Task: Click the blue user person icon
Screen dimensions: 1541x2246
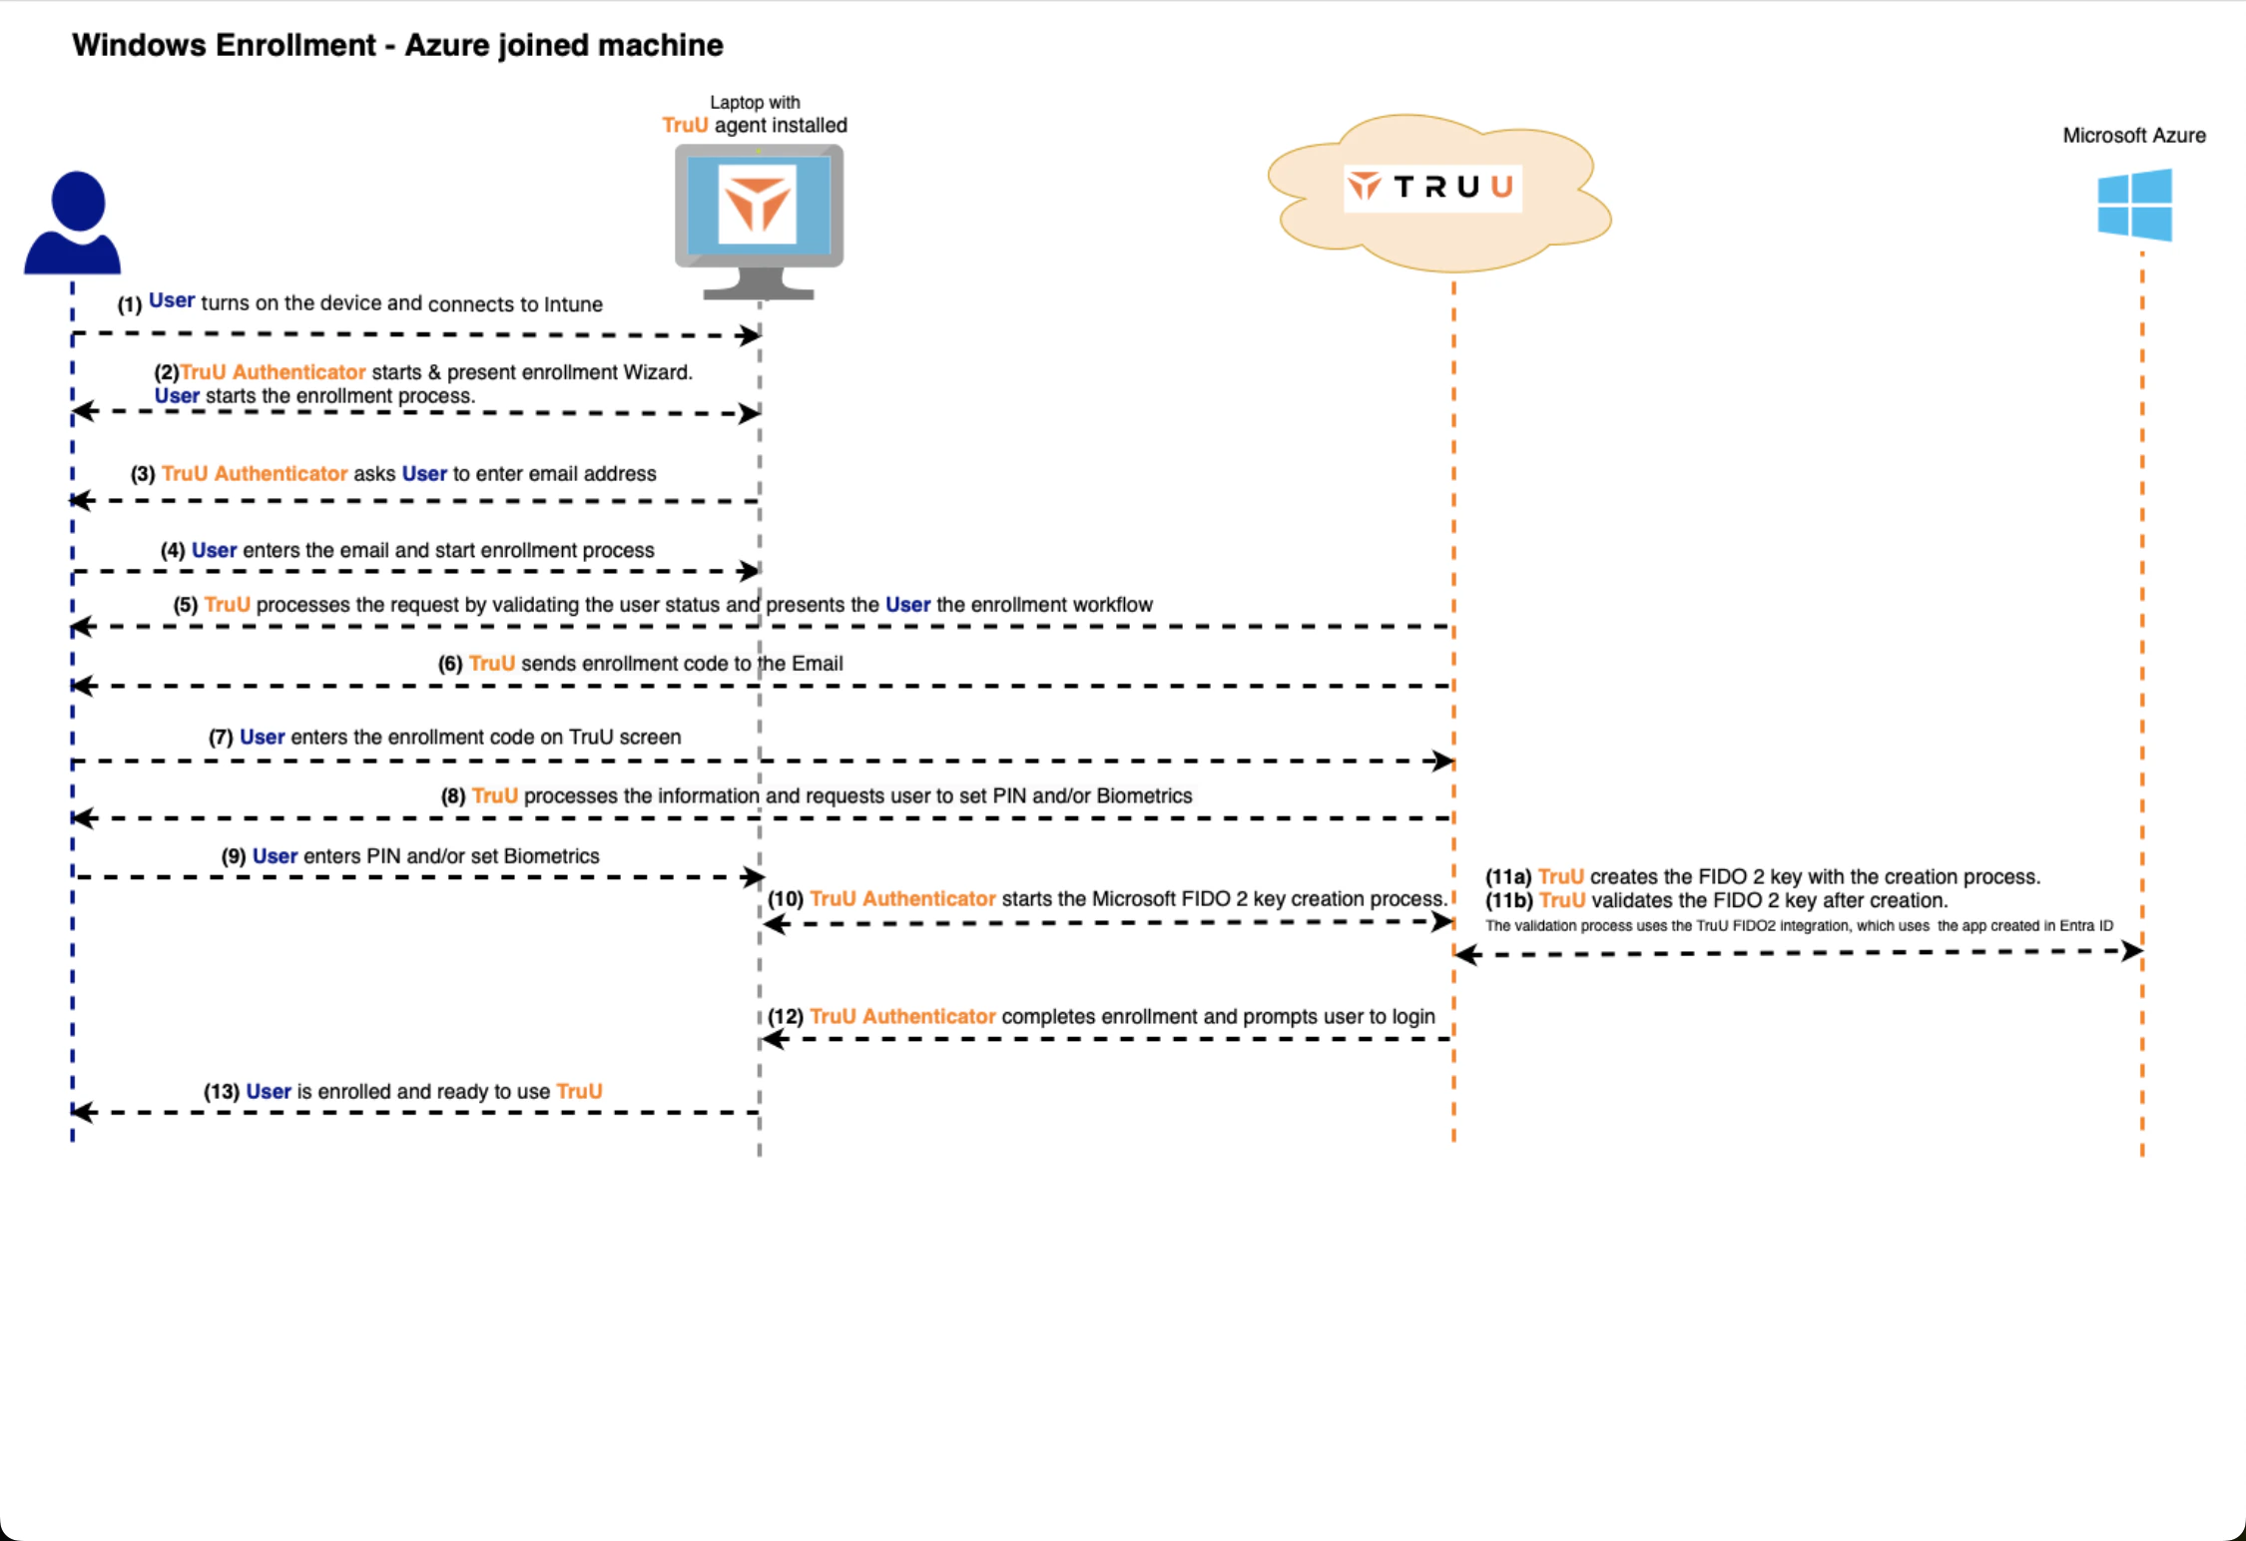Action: click(73, 223)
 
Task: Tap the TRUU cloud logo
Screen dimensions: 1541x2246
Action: click(1432, 188)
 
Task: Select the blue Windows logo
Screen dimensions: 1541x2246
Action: click(2134, 205)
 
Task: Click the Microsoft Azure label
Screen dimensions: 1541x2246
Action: click(2133, 136)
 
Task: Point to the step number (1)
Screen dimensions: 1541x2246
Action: click(130, 304)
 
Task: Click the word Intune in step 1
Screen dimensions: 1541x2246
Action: click(573, 304)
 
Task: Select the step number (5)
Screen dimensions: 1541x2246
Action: click(186, 605)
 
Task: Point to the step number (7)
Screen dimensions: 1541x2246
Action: click(221, 738)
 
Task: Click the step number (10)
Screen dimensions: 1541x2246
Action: click(786, 899)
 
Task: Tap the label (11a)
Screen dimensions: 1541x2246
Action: click(1507, 877)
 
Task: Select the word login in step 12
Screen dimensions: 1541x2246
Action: click(1412, 1017)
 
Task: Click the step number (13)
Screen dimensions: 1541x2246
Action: click(222, 1092)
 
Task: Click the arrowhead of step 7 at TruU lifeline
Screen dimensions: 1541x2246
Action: click(1442, 762)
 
